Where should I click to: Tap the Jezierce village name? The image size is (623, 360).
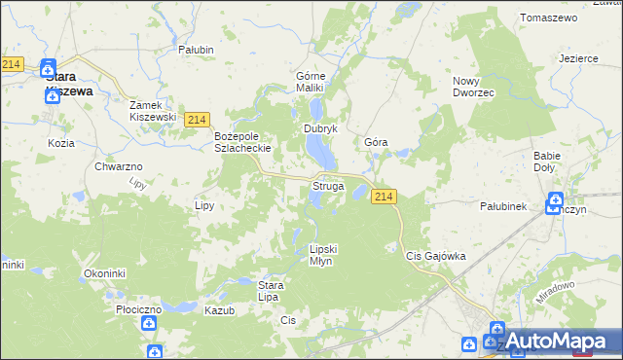[578, 58]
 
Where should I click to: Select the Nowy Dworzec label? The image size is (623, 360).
[474, 86]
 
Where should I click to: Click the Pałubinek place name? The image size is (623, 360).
[503, 206]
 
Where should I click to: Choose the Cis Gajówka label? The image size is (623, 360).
[435, 256]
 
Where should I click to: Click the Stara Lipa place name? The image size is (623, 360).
[270, 291]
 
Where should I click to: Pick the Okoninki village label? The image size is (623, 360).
[105, 274]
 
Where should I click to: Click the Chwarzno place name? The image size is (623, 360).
[120, 167]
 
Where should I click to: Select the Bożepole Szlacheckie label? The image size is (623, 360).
[241, 142]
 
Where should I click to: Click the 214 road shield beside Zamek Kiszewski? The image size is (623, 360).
[197, 119]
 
